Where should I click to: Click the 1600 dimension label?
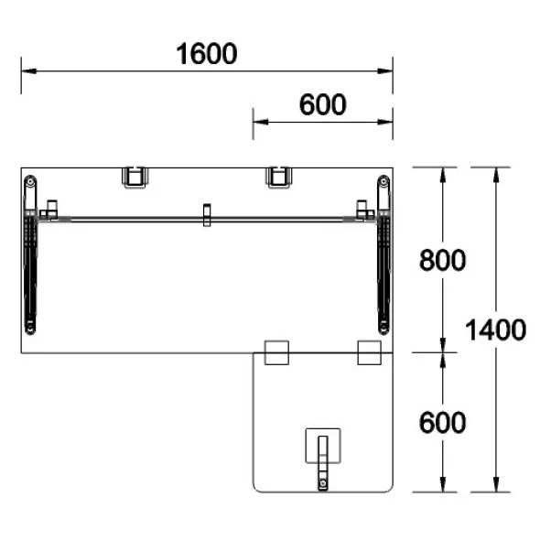click(207, 54)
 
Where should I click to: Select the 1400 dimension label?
click(495, 329)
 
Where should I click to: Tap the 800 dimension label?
click(443, 260)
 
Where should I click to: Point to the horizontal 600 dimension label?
click(323, 104)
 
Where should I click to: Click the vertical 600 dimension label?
click(443, 422)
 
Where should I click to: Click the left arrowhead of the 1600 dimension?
click(28, 71)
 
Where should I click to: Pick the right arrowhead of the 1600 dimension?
click(385, 71)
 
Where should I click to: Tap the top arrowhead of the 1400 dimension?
click(496, 175)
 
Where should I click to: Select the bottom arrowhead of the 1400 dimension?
click(496, 484)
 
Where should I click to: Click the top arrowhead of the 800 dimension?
click(443, 175)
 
